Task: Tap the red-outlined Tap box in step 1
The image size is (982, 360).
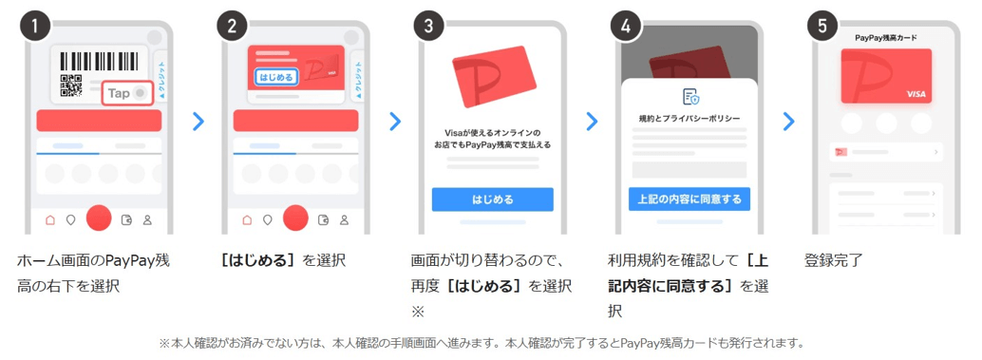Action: tap(126, 93)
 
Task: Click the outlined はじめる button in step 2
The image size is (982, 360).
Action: tap(276, 76)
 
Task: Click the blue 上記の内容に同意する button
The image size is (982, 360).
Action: tap(689, 199)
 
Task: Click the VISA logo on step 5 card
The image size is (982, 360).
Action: tap(916, 94)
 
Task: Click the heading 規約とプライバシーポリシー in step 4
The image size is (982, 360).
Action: tap(689, 119)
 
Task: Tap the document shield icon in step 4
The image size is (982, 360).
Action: tap(689, 96)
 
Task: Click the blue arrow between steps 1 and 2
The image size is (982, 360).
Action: tap(198, 121)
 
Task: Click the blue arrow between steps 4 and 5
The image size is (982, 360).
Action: tap(787, 121)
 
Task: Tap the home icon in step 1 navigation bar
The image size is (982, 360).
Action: tap(50, 220)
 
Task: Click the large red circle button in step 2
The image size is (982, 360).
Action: tap(295, 218)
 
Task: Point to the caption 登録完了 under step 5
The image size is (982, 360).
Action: tap(833, 260)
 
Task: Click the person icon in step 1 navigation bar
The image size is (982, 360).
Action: tap(147, 220)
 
